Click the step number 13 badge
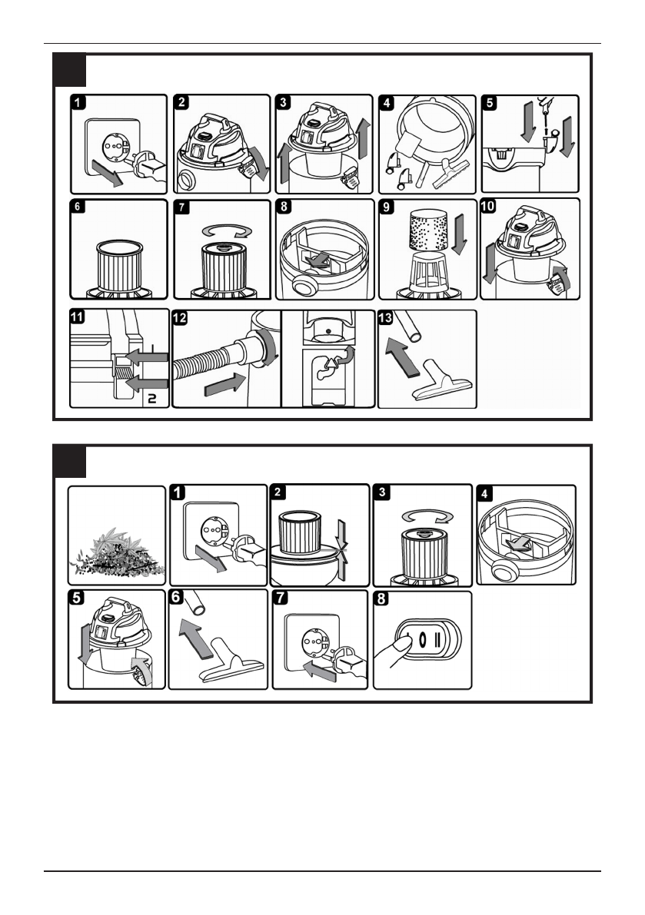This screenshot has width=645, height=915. click(x=387, y=317)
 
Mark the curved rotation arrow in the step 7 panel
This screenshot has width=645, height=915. click(x=222, y=229)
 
